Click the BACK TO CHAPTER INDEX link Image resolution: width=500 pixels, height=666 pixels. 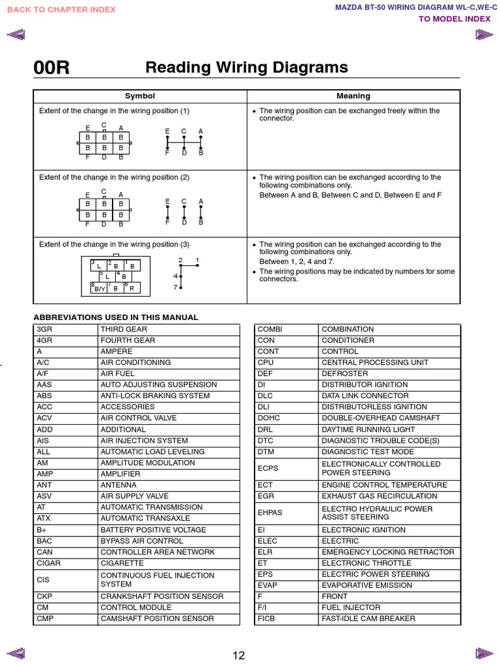62,10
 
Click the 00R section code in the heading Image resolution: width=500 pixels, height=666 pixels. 51,68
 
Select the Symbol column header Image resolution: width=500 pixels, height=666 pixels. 140,96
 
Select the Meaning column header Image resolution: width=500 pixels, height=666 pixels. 354,96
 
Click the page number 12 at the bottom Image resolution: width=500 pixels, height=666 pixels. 239,656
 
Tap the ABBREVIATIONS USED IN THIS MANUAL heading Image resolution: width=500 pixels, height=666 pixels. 116,317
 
